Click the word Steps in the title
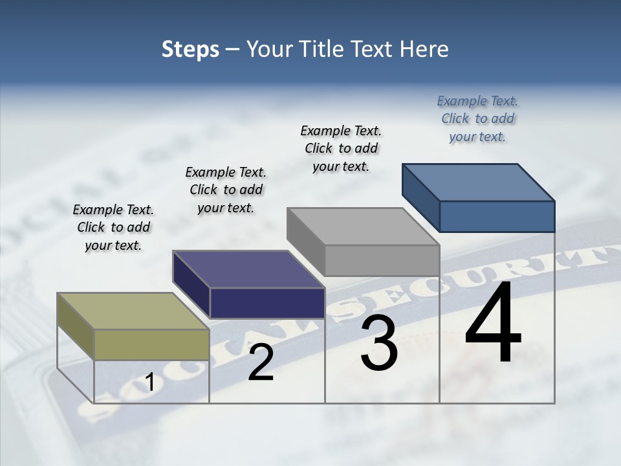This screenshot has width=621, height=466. point(190,49)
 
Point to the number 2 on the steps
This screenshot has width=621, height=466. point(261,362)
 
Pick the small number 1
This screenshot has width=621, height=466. point(150,383)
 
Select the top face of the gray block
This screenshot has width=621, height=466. point(363,227)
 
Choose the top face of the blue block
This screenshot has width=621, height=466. point(479,182)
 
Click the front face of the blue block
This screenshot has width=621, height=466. point(497,216)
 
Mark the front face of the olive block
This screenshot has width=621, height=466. point(151,344)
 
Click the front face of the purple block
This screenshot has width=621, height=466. point(267,303)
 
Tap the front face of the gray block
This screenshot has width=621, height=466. point(382,260)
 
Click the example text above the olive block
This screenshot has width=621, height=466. point(113,227)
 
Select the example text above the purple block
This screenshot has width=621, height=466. point(226,190)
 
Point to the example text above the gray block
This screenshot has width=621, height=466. point(341,148)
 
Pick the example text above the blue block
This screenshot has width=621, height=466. point(477,118)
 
